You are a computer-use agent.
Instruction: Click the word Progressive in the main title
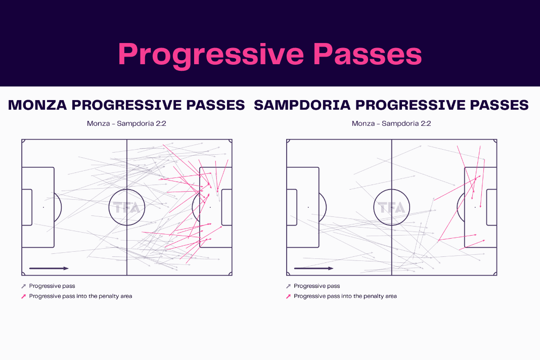[211, 55]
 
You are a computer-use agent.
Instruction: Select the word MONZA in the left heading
[37, 105]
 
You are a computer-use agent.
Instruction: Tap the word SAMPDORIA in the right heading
[302, 105]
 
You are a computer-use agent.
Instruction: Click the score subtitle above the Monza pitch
[126, 123]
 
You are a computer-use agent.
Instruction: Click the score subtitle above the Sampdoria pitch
[391, 123]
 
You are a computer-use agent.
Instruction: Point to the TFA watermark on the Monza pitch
[127, 208]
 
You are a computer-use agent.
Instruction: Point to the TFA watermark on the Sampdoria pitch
[391, 208]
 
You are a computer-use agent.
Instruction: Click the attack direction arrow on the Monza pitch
[49, 268]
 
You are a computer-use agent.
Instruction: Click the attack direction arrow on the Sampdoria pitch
[314, 268]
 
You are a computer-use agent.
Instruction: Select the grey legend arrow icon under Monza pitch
[23, 286]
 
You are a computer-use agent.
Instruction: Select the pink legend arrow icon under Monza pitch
[23, 296]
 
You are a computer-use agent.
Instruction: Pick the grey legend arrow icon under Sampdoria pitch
[288, 286]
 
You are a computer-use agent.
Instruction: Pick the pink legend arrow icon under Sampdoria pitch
[288, 296]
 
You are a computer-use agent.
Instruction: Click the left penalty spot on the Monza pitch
[43, 207]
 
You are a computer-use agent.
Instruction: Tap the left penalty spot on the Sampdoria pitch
[308, 207]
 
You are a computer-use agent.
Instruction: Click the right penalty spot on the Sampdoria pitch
[475, 207]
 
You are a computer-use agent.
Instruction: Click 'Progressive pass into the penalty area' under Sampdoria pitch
[345, 296]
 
